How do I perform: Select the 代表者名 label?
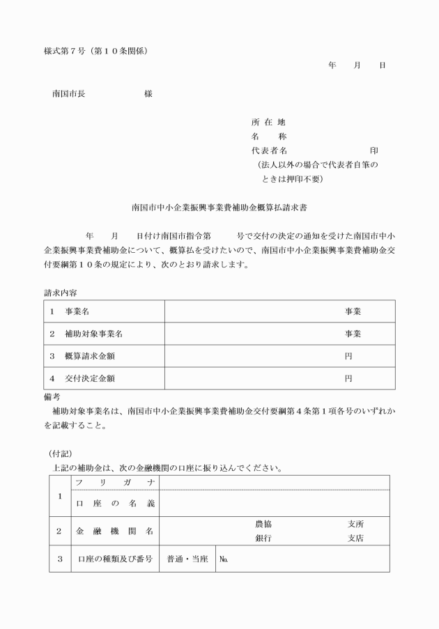tap(269, 150)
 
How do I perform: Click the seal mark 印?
tap(374, 150)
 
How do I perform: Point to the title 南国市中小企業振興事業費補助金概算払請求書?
tap(219, 207)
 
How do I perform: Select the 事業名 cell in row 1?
tap(76, 311)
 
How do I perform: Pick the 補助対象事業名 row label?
tap(91, 334)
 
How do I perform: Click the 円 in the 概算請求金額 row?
tap(348, 356)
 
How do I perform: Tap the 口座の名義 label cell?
tap(115, 503)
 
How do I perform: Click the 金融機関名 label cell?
tap(115, 531)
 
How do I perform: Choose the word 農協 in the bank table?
tap(263, 524)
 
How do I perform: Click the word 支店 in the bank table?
tap(355, 538)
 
